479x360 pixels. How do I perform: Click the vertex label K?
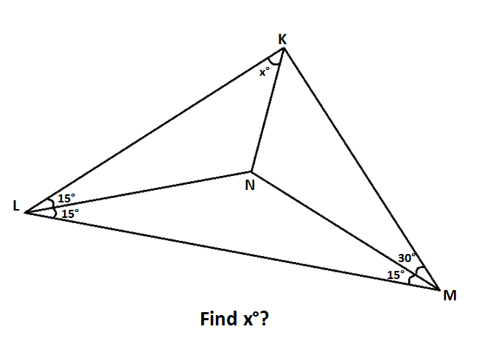pyautogui.click(x=282, y=38)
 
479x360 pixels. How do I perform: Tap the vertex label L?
pyautogui.click(x=16, y=207)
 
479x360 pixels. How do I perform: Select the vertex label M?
pyautogui.click(x=450, y=296)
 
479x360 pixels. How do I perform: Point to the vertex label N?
pyautogui.click(x=250, y=186)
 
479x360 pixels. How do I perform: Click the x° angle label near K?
pyautogui.click(x=265, y=72)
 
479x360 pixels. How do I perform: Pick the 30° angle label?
pyautogui.click(x=407, y=258)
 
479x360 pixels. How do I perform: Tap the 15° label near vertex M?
pyautogui.click(x=396, y=275)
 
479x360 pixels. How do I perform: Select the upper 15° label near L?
pyautogui.click(x=66, y=199)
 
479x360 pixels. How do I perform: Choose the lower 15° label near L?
pyautogui.click(x=70, y=213)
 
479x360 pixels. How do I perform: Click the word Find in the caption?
pyautogui.click(x=217, y=320)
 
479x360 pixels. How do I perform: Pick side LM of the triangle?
pyautogui.click(x=232, y=251)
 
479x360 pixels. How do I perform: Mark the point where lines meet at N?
pyautogui.click(x=251, y=171)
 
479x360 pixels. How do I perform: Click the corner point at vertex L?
pyautogui.click(x=26, y=213)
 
